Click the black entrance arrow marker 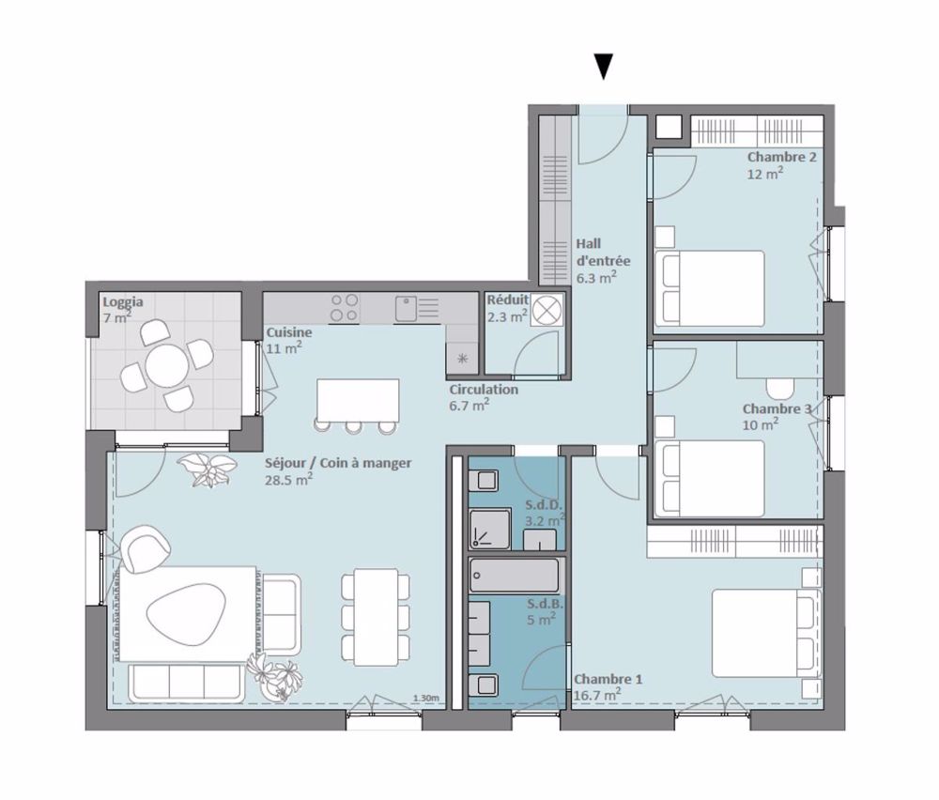(604, 67)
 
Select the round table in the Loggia (166, 365)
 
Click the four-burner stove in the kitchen (344, 308)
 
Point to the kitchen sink (407, 308)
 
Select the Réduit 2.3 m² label (507, 309)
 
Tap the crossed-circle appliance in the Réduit (547, 309)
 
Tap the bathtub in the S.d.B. (515, 573)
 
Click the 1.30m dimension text (425, 699)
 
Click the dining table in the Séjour (376, 615)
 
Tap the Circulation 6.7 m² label (483, 397)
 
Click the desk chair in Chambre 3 (781, 386)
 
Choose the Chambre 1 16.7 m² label (597, 686)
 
